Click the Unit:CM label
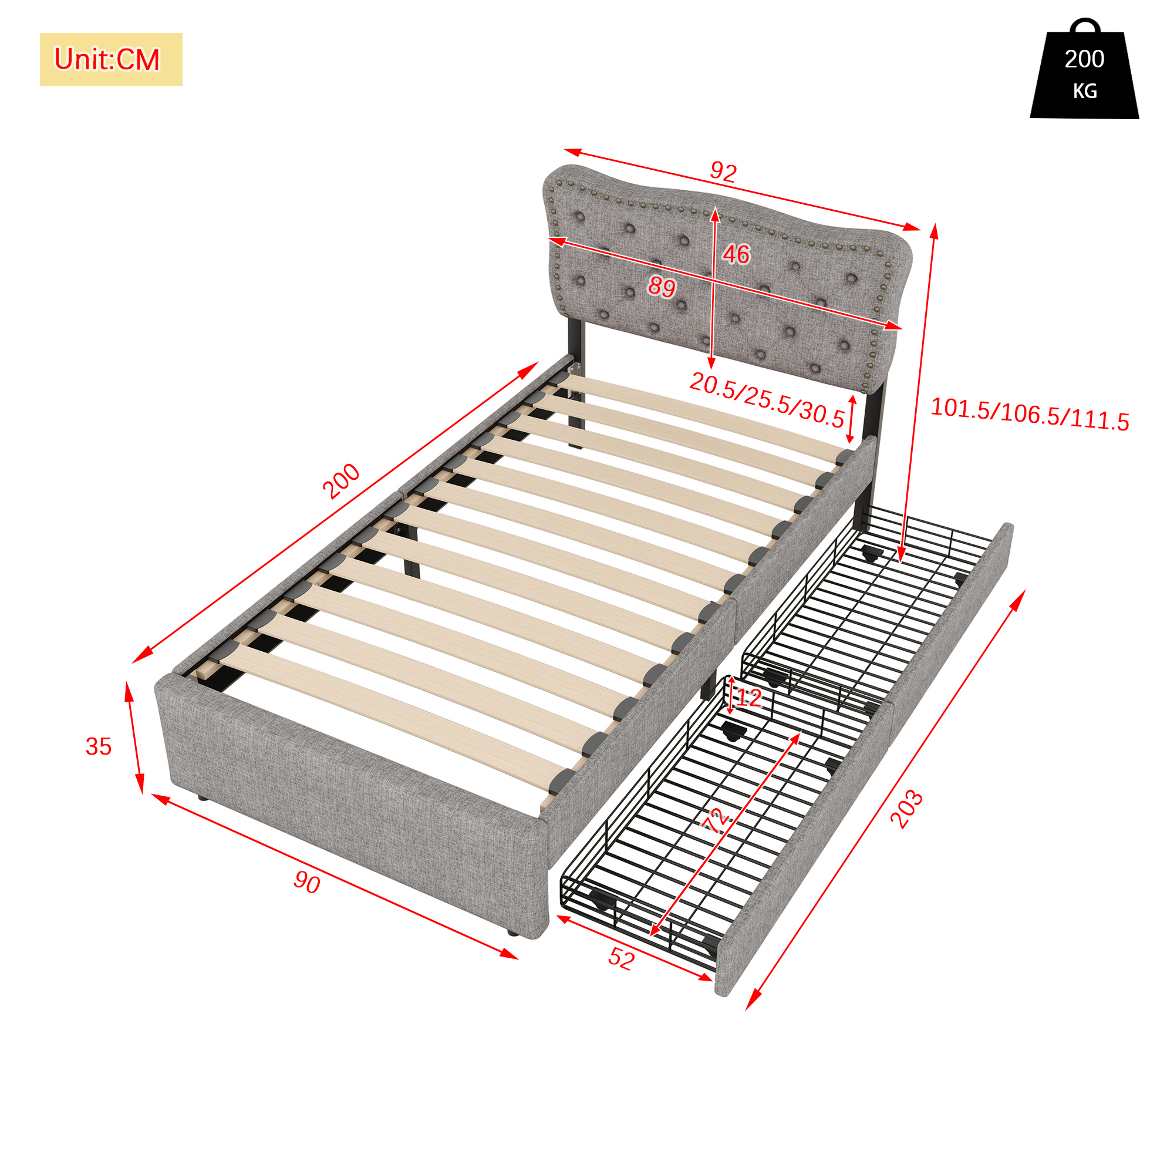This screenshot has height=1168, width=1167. (x=107, y=59)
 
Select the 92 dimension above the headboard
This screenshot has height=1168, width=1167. (x=723, y=172)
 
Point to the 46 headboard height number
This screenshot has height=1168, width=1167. (x=737, y=254)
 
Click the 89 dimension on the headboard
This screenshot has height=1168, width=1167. (x=662, y=286)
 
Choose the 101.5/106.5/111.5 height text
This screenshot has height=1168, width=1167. (x=1030, y=415)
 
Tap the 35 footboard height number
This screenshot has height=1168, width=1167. (x=99, y=746)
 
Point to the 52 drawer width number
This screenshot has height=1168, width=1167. (x=621, y=959)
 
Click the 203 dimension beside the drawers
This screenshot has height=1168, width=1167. (x=906, y=809)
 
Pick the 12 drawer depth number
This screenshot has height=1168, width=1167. (x=749, y=698)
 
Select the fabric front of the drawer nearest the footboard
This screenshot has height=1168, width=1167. (x=804, y=846)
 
